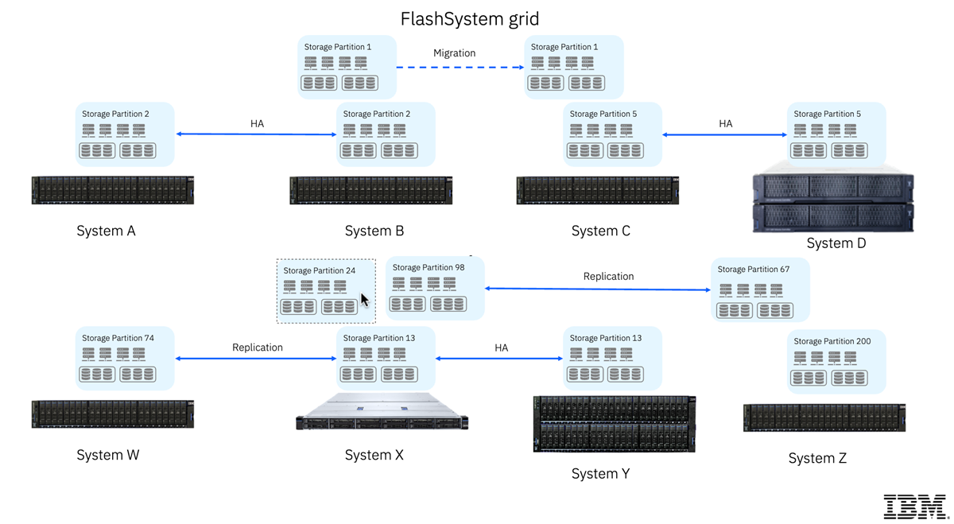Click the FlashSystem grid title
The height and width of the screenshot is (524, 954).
(470, 19)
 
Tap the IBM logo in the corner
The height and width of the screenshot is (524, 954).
(916, 507)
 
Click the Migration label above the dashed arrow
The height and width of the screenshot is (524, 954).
(454, 53)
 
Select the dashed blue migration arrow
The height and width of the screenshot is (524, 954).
(460, 68)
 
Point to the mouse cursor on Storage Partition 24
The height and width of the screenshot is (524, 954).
(365, 300)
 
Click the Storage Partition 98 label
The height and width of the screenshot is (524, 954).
(428, 267)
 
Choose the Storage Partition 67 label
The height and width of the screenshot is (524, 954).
(753, 270)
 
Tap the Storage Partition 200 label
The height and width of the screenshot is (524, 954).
(832, 341)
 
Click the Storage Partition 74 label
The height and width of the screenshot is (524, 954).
(118, 338)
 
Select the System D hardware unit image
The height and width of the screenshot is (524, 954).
(833, 198)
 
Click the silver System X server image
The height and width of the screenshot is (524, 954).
(382, 411)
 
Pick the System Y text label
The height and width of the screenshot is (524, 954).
(600, 474)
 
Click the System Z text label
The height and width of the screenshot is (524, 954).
(817, 458)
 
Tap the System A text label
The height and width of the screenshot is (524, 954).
(106, 231)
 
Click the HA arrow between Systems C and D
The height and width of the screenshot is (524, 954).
(724, 134)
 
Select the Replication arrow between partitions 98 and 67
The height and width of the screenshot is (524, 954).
(598, 289)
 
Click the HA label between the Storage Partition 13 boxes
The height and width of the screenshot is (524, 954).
(502, 348)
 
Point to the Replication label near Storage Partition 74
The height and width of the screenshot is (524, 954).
(258, 347)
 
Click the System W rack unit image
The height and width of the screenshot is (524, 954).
(113, 414)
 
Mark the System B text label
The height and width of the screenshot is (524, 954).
(374, 231)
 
